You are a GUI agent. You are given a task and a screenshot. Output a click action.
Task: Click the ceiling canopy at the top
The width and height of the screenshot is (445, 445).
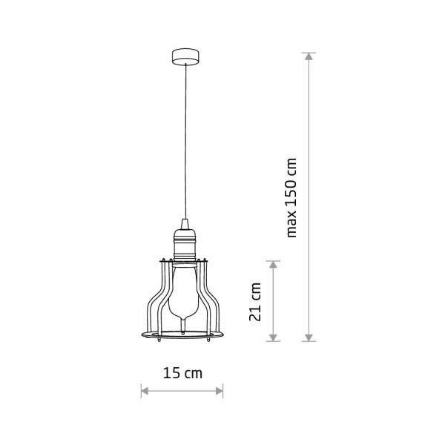[x=185, y=57]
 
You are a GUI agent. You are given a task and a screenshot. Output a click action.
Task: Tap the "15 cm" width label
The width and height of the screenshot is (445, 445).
[x=182, y=373]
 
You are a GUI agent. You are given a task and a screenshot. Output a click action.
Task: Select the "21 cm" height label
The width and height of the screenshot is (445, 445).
[x=255, y=302]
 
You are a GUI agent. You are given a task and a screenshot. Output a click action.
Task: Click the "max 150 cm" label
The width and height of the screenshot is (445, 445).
[x=291, y=198]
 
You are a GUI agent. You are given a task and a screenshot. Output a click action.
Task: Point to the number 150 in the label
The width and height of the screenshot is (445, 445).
[x=291, y=193]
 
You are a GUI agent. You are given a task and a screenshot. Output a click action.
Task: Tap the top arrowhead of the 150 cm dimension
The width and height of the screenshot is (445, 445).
[x=309, y=56]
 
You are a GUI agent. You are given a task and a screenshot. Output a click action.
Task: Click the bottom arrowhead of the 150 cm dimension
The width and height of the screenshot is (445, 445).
[x=309, y=337]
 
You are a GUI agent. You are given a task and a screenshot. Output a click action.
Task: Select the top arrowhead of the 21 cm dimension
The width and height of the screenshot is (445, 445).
[x=273, y=265]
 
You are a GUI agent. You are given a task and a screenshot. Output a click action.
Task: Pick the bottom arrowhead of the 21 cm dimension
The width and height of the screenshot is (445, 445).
[x=273, y=337]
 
